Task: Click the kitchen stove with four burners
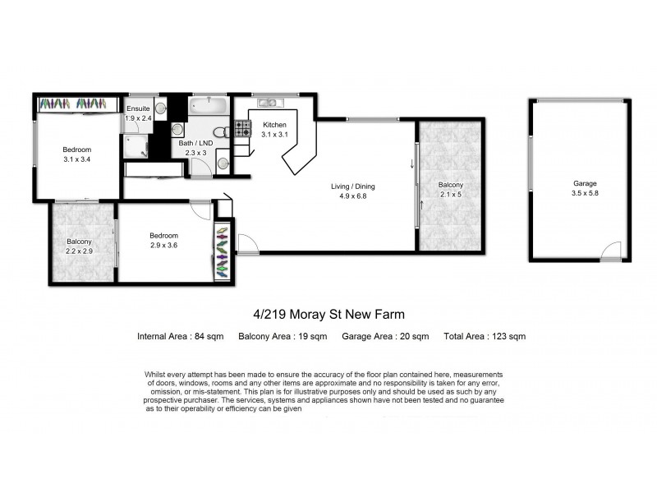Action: click(x=243, y=128)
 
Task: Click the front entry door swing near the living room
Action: click(x=244, y=241)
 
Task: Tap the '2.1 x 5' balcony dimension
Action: click(x=450, y=196)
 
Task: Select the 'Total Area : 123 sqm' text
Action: click(x=484, y=336)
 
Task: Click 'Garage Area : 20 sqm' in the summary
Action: click(x=386, y=336)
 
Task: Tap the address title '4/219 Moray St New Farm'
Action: click(x=328, y=314)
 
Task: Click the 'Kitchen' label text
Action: click(x=273, y=125)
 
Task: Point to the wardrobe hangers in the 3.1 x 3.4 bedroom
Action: click(x=73, y=104)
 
